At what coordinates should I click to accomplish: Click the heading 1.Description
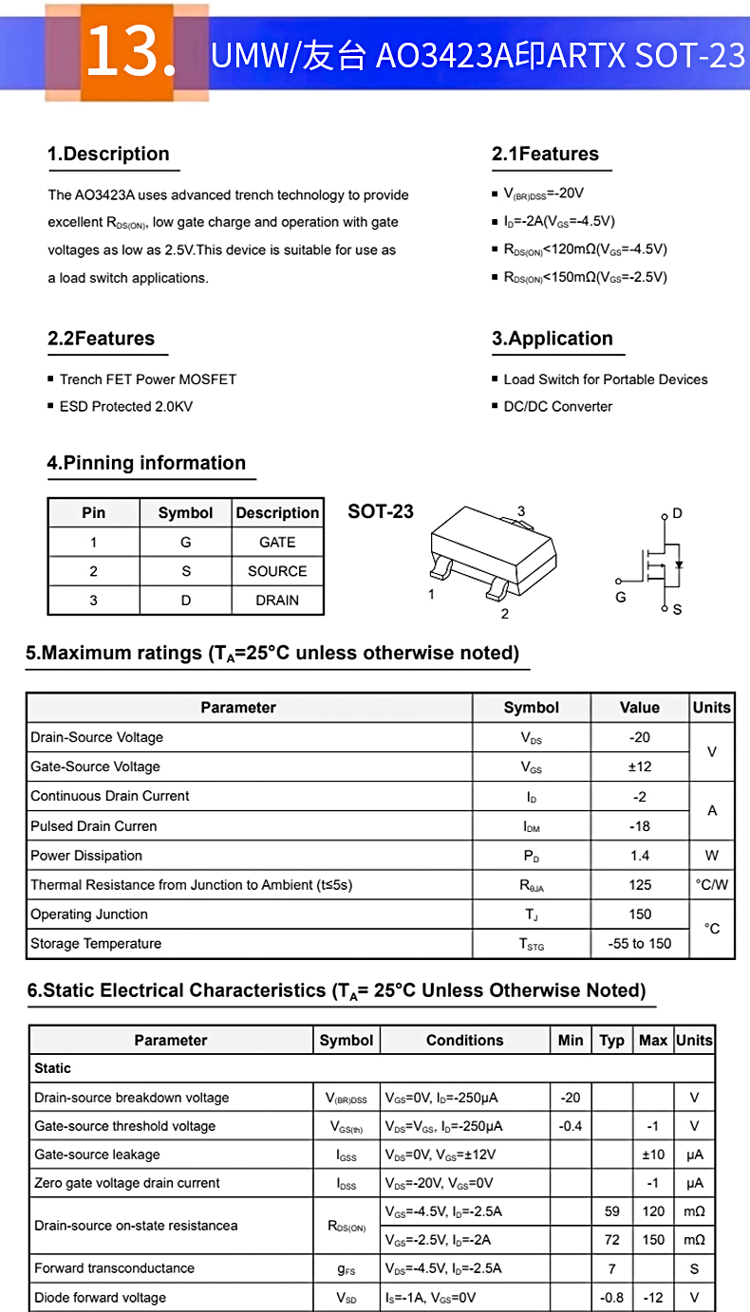point(108,155)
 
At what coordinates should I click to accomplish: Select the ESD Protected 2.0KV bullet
point(125,407)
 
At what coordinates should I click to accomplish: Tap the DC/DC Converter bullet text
point(557,407)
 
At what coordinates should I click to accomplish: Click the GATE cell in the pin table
point(277,543)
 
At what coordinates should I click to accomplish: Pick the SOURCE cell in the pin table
point(277,571)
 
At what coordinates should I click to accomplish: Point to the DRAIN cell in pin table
point(277,601)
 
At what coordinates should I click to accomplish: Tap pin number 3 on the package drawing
point(521,512)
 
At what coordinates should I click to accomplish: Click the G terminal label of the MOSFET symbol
point(621,598)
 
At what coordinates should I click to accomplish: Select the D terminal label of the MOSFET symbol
point(677,513)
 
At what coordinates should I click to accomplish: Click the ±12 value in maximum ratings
point(640,767)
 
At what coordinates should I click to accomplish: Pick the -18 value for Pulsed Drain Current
point(640,826)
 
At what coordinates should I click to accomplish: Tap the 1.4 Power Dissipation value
point(640,856)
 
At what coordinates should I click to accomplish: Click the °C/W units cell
point(712,885)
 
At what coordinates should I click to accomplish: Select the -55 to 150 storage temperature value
point(640,944)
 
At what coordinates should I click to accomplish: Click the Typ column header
point(612,1041)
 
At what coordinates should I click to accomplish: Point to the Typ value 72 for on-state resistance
point(612,1240)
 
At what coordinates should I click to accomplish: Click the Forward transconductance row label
point(114,1268)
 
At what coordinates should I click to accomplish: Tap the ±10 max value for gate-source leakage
point(653,1155)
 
